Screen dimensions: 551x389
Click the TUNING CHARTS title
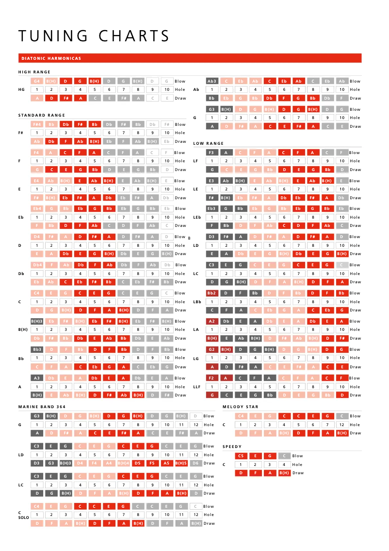[x=94, y=36]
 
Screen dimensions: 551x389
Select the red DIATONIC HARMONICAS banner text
[x=51, y=58]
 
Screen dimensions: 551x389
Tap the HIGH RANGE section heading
[x=34, y=72]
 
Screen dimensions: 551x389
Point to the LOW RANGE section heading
[x=209, y=143]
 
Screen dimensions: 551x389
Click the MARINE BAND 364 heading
[x=42, y=406]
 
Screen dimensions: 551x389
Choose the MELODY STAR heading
[x=241, y=407]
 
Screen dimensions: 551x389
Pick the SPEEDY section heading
[x=232, y=447]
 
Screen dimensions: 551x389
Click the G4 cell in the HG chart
[x=37, y=81]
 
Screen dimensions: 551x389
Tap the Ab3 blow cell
[x=212, y=81]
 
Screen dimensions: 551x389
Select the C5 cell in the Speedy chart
[x=241, y=456]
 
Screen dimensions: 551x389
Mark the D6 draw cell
[x=195, y=463]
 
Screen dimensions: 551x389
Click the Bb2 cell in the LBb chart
[x=212, y=293]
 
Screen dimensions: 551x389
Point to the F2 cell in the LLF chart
[x=212, y=378]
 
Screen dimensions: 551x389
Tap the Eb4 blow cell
[x=37, y=208]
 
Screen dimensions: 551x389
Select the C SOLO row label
[x=23, y=515]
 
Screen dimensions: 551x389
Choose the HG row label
[x=21, y=89]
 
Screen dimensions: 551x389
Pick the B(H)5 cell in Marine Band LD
[x=181, y=463]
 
